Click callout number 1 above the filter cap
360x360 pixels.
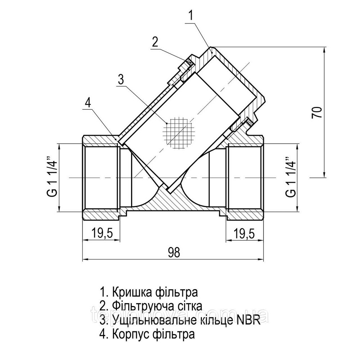click(x=191, y=15)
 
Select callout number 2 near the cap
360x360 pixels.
click(x=154, y=42)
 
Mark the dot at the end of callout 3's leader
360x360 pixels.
click(x=167, y=123)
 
